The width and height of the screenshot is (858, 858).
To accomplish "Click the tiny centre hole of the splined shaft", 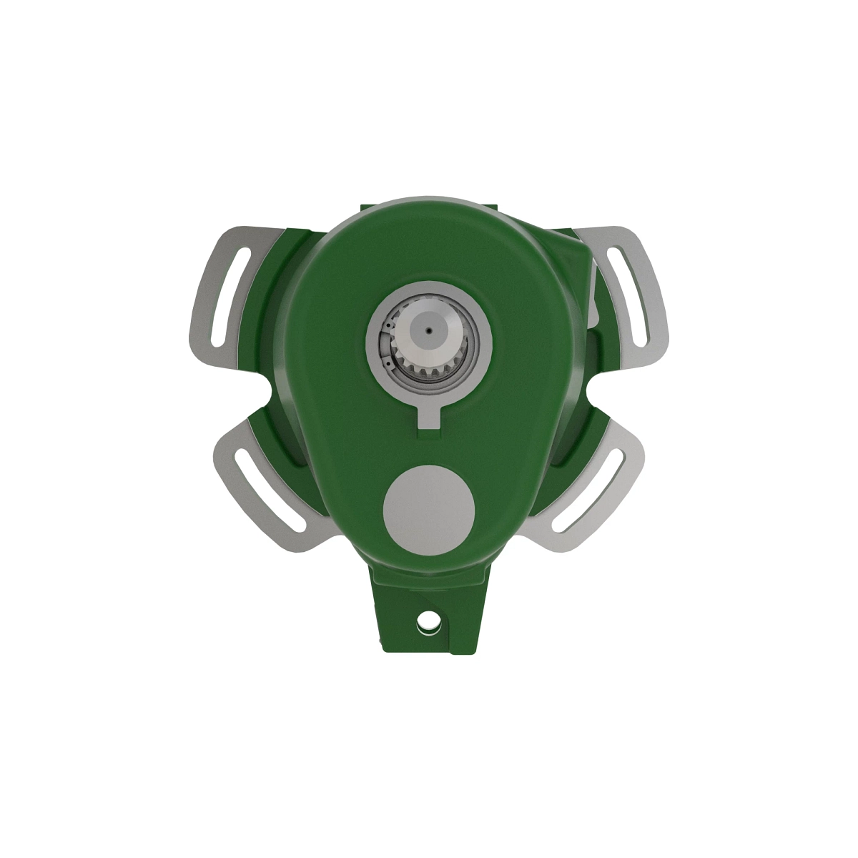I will pos(427,332).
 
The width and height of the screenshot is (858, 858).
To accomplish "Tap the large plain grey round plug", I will pos(429,509).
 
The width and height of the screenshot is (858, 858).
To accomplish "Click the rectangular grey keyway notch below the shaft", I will pos(428,417).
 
